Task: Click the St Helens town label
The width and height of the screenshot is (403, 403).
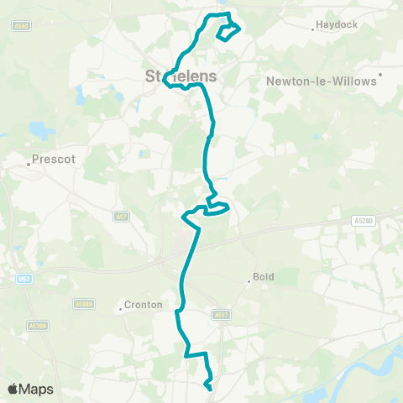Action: pyautogui.click(x=181, y=76)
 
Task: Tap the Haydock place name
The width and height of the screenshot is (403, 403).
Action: pyautogui.click(x=338, y=25)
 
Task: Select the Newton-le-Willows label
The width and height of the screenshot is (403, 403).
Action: pyautogui.click(x=322, y=82)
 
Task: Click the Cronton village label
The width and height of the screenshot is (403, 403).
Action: pyautogui.click(x=142, y=306)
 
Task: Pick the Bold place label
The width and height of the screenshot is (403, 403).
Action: pyautogui.click(x=264, y=276)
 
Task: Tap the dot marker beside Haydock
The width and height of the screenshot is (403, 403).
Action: pyautogui.click(x=313, y=29)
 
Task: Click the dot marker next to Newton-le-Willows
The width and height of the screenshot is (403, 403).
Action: pyautogui.click(x=381, y=74)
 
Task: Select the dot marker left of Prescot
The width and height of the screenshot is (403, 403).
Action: pyautogui.click(x=29, y=165)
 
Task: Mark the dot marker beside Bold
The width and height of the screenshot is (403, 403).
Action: pyautogui.click(x=249, y=282)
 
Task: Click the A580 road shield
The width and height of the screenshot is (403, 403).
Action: pyautogui.click(x=22, y=26)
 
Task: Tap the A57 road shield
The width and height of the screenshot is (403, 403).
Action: pyautogui.click(x=121, y=217)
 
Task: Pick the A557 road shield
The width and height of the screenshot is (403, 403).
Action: pyautogui.click(x=222, y=315)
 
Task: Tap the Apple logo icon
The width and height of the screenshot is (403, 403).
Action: pyautogui.click(x=13, y=389)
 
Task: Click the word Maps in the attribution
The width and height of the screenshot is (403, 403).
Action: pyautogui.click(x=37, y=389)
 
